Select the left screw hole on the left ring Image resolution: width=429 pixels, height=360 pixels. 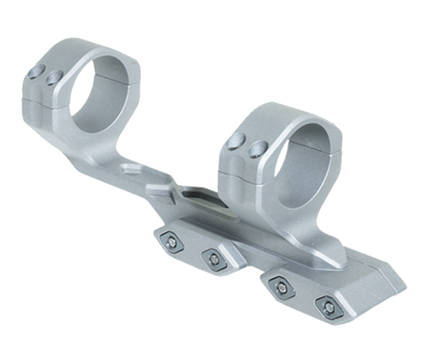[x=40, y=73]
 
